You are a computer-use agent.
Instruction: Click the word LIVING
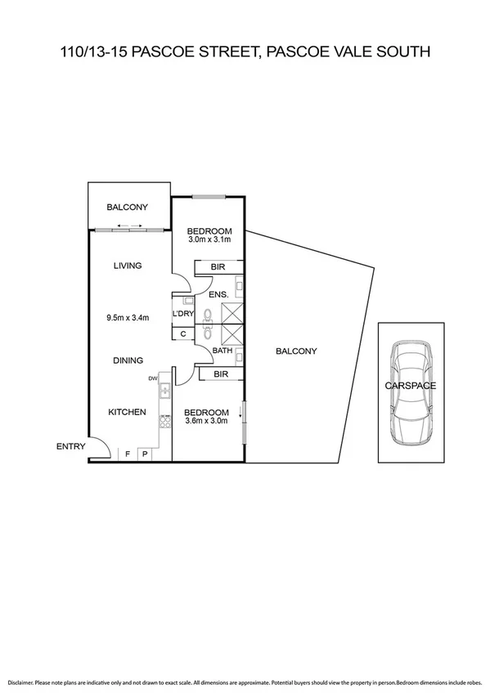(128, 266)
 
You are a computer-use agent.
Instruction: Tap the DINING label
(128, 360)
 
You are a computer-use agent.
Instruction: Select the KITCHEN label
(128, 413)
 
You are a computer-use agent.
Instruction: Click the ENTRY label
(70, 446)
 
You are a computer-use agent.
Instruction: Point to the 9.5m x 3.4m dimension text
(128, 318)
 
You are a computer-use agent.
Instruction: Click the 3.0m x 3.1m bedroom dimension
(210, 240)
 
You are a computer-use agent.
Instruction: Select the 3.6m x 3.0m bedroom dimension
(205, 422)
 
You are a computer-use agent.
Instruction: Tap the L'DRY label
(182, 313)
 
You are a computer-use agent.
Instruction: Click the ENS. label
(218, 295)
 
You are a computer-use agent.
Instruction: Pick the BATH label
(223, 351)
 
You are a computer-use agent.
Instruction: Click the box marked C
(182, 333)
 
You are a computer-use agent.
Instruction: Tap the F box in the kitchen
(128, 454)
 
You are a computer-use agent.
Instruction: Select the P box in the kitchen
(145, 454)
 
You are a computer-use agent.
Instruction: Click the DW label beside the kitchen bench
(153, 378)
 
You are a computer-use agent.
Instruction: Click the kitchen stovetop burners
(164, 420)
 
